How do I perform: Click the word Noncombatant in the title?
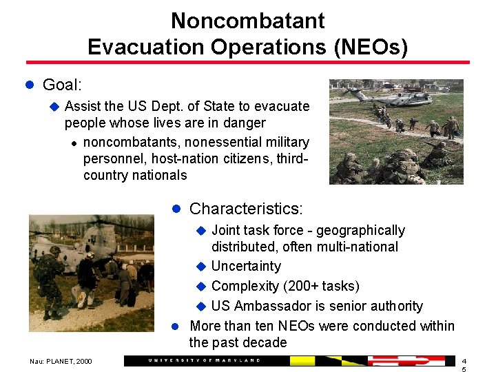click(x=247, y=21)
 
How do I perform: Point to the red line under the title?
click(x=247, y=63)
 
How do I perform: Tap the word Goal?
click(x=60, y=85)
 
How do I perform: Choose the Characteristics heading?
click(x=245, y=208)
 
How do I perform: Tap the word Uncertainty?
click(x=246, y=266)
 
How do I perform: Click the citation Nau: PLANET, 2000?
click(x=61, y=361)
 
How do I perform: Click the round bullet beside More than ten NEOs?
click(x=175, y=326)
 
